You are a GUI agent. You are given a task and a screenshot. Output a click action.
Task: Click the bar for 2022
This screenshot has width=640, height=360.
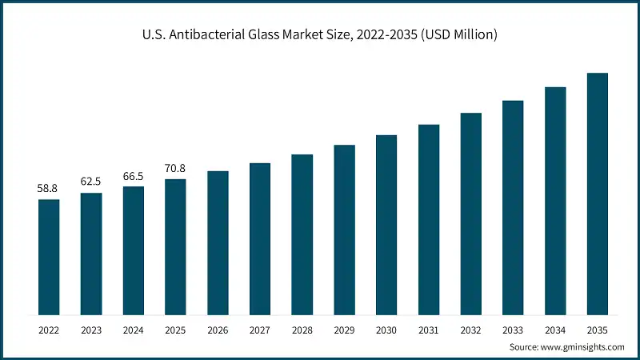tap(49, 257)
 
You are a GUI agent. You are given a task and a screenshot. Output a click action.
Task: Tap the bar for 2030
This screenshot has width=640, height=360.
tap(386, 225)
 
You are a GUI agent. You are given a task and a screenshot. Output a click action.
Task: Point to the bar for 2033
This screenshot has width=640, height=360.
tap(513, 207)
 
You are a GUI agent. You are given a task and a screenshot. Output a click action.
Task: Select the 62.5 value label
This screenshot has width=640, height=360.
tap(91, 182)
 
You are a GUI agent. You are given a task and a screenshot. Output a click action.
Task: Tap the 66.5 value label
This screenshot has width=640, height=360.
tap(134, 175)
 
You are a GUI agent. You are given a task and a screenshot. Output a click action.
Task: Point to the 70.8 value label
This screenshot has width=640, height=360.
tap(175, 168)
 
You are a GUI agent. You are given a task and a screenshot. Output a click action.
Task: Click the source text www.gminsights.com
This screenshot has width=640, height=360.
tap(582, 347)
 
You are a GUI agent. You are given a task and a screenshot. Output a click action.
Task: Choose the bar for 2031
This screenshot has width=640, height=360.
tap(429, 219)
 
